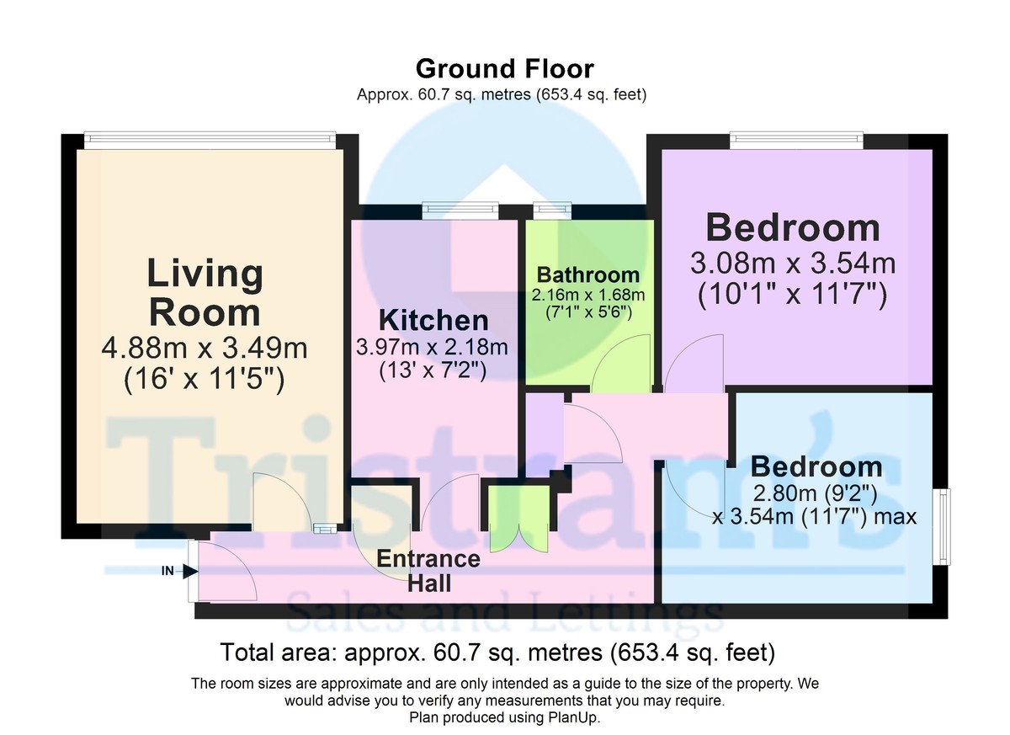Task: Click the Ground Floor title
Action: [x=504, y=69]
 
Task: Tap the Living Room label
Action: [x=205, y=293]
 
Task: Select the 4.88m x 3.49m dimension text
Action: [x=205, y=348]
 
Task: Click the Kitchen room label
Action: [x=433, y=320]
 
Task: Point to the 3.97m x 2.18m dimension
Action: [x=433, y=347]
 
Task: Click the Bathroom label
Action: [x=588, y=274]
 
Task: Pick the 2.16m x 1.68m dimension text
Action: [x=588, y=295]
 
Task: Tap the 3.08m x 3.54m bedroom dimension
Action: [x=793, y=263]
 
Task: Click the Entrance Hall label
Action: [x=428, y=571]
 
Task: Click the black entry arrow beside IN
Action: [x=191, y=572]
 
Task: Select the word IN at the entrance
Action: [x=167, y=571]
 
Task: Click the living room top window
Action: [x=210, y=141]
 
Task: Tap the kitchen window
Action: [x=460, y=210]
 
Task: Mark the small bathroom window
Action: [x=552, y=210]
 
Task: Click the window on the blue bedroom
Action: [x=944, y=526]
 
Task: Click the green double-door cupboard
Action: [x=519, y=519]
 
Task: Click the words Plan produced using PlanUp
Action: [x=504, y=717]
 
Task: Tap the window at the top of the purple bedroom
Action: [x=797, y=141]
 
